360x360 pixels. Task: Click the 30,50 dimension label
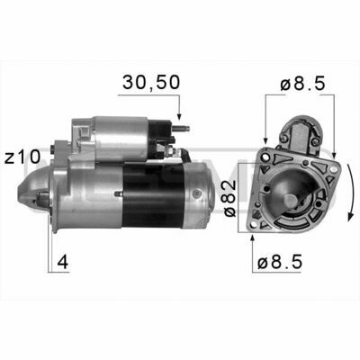click(x=151, y=82)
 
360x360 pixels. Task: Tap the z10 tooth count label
click(x=22, y=157)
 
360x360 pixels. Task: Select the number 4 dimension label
click(x=63, y=262)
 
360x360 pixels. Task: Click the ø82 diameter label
click(x=230, y=199)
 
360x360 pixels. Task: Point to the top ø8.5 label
click(x=302, y=84)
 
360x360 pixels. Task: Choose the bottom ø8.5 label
click(x=280, y=262)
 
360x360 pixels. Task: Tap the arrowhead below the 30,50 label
click(x=179, y=116)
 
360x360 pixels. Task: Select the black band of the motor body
click(x=154, y=194)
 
